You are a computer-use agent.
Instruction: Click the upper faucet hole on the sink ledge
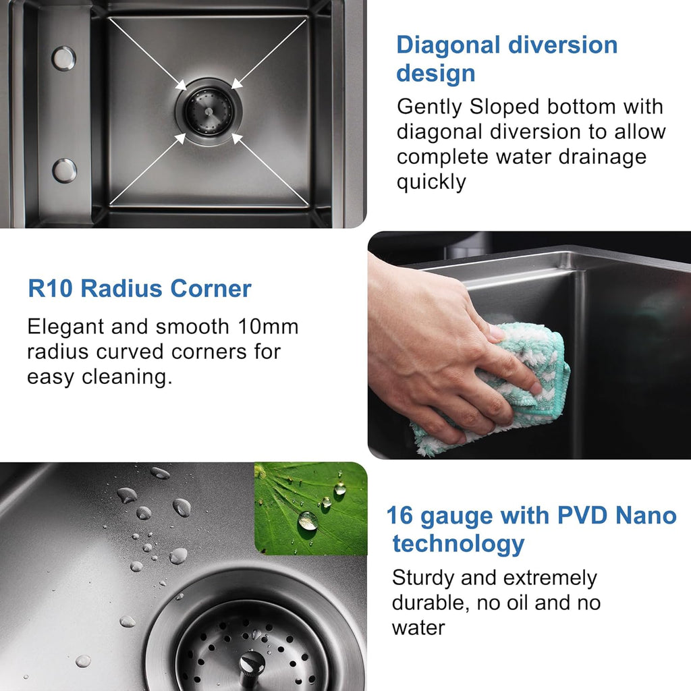(x=64, y=58)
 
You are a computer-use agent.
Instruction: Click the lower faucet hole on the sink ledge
(x=64, y=171)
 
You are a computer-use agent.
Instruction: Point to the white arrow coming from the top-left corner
(x=147, y=54)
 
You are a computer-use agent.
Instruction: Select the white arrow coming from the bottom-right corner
(x=270, y=169)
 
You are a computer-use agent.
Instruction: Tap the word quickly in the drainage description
(x=431, y=182)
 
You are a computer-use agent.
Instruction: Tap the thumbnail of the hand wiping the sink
(x=529, y=345)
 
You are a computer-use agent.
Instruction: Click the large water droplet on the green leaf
(x=308, y=521)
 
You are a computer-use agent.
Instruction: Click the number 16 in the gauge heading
(x=399, y=515)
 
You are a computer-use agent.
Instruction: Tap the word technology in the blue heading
(x=458, y=544)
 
